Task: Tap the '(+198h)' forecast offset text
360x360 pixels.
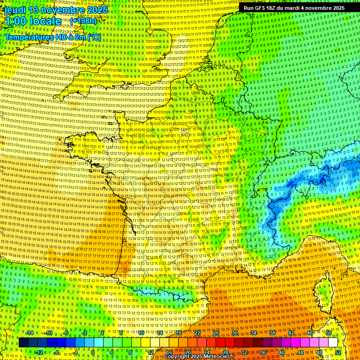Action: [83, 21]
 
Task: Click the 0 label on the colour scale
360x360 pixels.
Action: [93, 352]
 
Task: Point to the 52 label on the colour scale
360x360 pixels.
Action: [338, 352]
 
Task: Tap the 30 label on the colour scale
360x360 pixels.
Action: [235, 333]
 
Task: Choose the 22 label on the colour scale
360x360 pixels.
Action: [197, 333]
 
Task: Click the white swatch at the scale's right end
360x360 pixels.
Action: [333, 343]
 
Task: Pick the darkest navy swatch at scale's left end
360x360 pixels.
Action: [23, 343]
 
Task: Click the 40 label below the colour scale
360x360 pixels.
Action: [282, 352]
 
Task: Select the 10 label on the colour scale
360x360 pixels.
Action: [141, 333]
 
